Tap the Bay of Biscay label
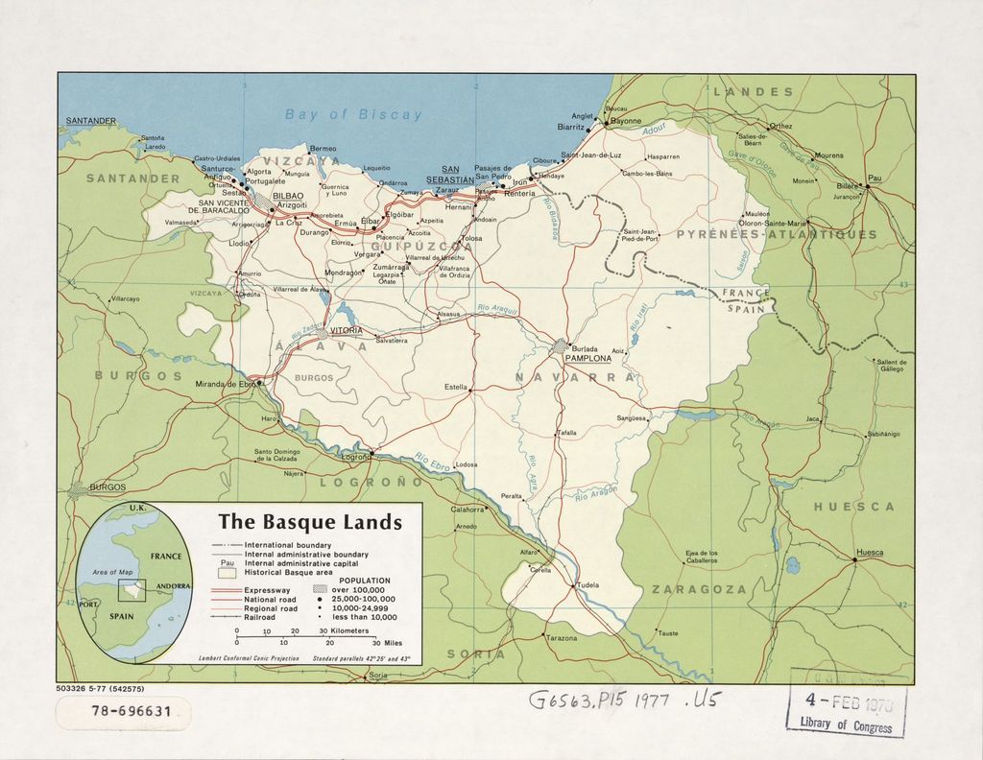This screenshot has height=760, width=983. (353, 114)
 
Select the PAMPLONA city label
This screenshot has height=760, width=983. (587, 357)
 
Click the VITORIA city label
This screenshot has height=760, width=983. (347, 330)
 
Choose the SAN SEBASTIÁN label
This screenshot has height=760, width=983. (450, 175)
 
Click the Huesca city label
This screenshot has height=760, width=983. (869, 552)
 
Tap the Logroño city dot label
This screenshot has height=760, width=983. (356, 458)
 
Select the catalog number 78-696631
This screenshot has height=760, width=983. (124, 712)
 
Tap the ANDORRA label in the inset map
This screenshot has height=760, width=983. (172, 585)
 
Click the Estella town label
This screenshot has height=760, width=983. (456, 387)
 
